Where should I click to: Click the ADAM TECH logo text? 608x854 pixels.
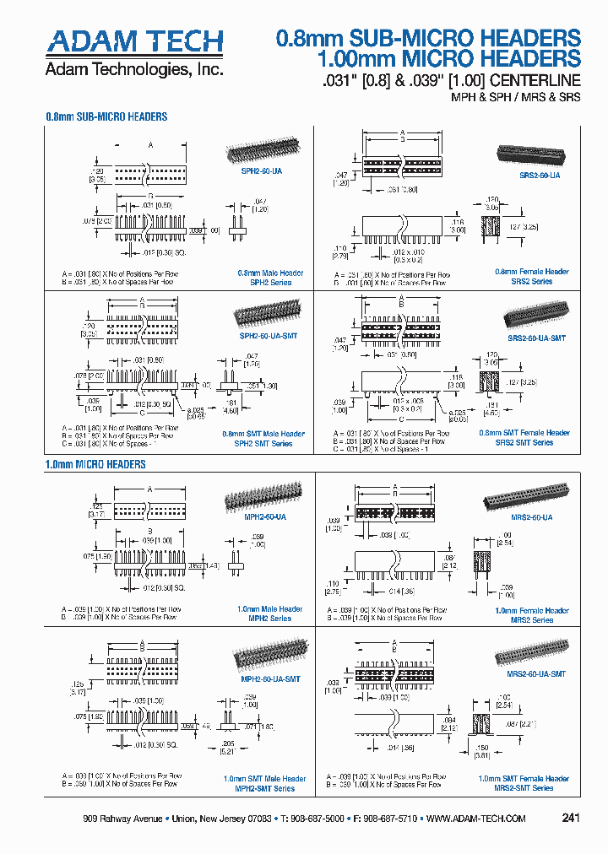coord(135,41)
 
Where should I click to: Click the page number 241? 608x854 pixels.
coord(571,819)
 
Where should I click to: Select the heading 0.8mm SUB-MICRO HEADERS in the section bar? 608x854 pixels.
coord(106,117)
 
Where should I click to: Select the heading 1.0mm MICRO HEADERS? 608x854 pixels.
coord(95,464)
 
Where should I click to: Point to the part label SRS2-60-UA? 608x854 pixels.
coord(538,176)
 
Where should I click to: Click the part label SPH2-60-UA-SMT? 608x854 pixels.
coord(269,336)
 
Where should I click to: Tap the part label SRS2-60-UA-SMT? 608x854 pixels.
coord(536,338)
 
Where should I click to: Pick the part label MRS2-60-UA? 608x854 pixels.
coord(531,516)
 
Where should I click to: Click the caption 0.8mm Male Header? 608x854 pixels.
coord(269,273)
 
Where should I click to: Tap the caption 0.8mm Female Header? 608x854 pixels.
coord(531,272)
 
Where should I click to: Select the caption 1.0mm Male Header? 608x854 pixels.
coord(269,608)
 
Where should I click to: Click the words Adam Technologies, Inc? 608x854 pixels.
coord(134,69)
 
